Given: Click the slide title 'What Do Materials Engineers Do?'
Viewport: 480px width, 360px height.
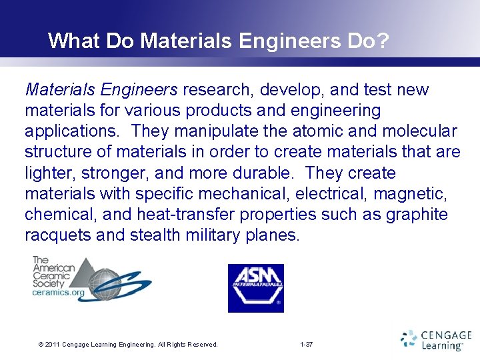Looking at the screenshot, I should click(x=218, y=41).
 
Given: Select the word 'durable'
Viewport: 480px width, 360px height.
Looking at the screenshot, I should click(x=262, y=173).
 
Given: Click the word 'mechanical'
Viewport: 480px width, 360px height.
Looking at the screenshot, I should click(x=246, y=194).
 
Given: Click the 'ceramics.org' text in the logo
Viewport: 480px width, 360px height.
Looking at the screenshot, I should click(x=59, y=293).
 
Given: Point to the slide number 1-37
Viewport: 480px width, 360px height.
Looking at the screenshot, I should click(x=307, y=344).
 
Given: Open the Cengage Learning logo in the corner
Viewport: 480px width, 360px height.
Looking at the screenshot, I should click(x=436, y=340).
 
